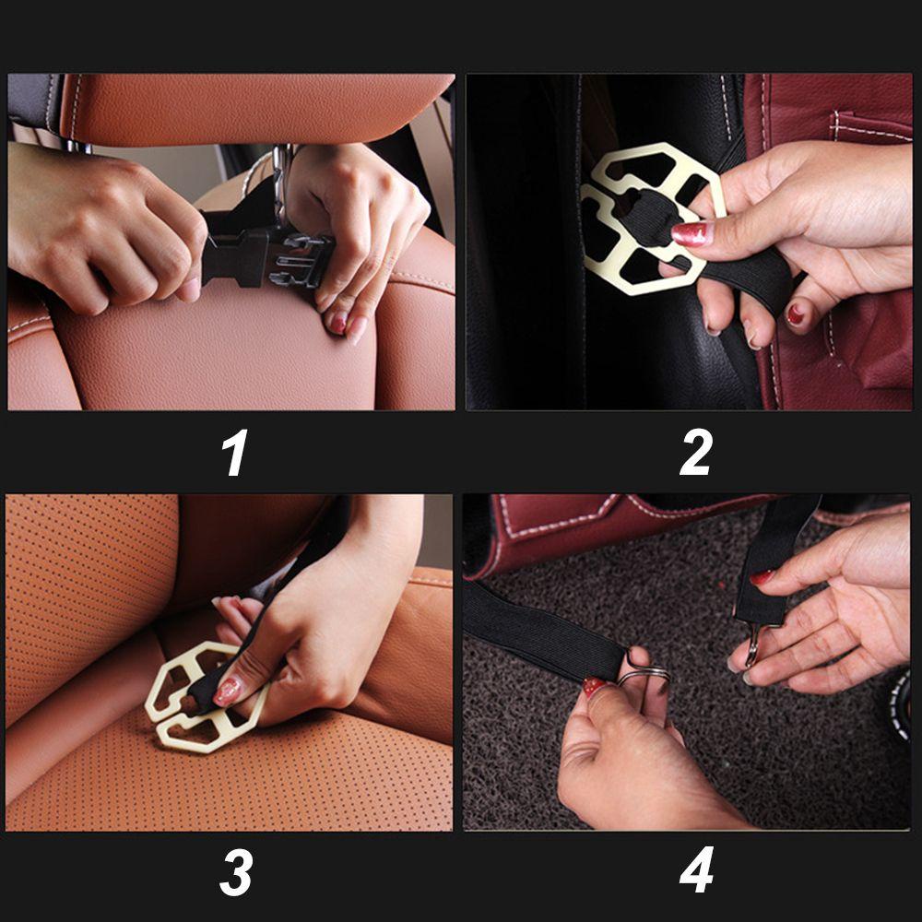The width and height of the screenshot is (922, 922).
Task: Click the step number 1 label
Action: pos(234,452)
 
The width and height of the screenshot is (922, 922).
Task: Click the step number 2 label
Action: pos(696,452)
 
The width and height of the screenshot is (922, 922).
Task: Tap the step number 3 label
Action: pos(236,872)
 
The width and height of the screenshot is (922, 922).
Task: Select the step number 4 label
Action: pos(696,870)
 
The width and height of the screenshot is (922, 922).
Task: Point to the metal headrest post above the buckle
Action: pos(282,183)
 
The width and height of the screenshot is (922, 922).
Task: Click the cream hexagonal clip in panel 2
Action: pos(653,219)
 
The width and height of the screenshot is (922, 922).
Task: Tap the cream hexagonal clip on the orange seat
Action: pos(203,698)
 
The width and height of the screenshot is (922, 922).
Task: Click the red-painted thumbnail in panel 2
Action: pos(692,233)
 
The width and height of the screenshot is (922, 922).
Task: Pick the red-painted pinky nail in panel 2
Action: pos(795,314)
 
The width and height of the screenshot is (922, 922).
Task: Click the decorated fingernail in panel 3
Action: pos(228,691)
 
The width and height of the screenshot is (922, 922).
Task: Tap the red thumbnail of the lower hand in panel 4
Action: pos(593,686)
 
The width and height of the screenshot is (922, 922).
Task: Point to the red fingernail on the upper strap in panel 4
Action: pos(762,577)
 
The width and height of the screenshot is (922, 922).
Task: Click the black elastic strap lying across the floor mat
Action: pos(541,632)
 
